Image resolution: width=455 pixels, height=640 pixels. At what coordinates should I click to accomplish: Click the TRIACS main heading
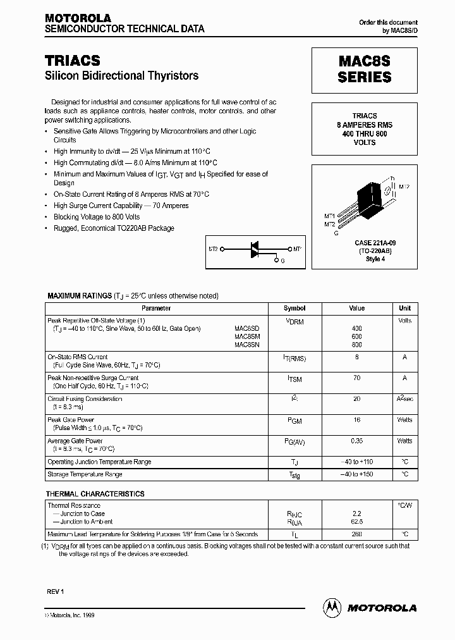73,60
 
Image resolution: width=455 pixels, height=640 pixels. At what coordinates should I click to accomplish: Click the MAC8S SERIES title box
364,70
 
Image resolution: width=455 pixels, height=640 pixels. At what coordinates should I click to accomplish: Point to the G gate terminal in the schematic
282,260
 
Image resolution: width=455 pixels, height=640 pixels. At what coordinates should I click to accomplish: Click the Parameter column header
156,308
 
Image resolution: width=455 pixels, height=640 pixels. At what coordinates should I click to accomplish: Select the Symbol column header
294,308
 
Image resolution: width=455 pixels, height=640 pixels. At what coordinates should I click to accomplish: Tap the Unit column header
404,308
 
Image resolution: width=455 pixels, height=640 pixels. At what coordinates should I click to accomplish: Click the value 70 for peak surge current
356,378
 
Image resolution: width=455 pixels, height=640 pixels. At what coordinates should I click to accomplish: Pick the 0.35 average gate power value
356,441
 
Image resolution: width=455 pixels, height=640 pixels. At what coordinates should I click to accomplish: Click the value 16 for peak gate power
356,420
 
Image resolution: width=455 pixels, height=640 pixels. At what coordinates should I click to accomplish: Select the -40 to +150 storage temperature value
356,474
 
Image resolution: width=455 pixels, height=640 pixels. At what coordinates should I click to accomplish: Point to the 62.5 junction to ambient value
356,522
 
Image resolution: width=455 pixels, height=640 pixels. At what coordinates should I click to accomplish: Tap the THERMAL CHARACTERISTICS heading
95,493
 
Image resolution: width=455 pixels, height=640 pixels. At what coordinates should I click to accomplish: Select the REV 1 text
56,591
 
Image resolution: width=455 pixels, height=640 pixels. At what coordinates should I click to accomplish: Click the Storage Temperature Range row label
85,474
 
